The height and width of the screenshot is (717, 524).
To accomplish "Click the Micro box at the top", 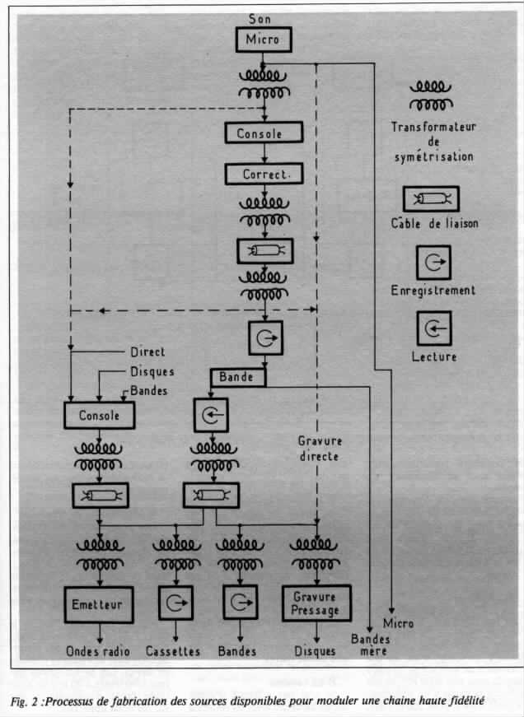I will (x=263, y=39).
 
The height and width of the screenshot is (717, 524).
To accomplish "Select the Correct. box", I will (x=263, y=175).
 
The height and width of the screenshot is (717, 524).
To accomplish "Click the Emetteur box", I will (x=100, y=604).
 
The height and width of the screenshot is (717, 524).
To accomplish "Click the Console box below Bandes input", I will (x=100, y=415).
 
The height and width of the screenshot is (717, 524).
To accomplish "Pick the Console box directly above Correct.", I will (x=263, y=133).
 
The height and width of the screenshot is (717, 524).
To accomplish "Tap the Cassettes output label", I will (x=173, y=651).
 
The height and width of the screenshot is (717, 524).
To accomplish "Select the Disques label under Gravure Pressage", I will (x=315, y=651).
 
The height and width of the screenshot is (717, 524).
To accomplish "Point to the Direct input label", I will (x=148, y=352).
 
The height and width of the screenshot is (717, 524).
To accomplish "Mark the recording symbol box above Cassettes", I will (x=173, y=603).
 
